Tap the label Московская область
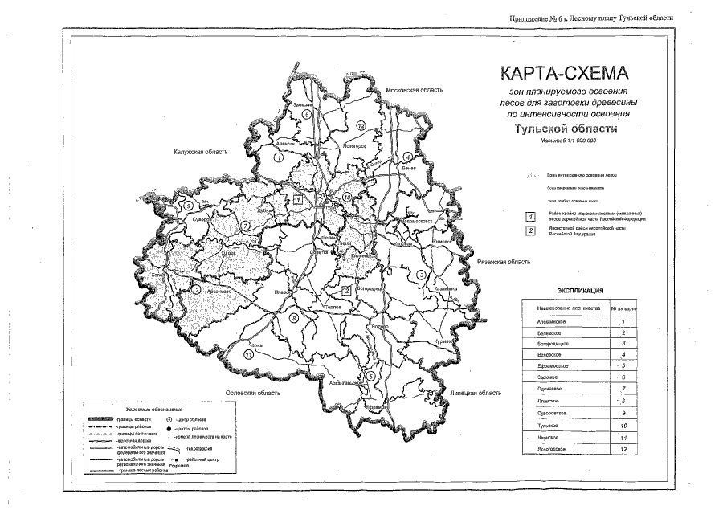tap(414, 90)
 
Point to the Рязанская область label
tap(503, 262)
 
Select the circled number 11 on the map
tap(249, 354)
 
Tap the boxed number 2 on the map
tap(345, 290)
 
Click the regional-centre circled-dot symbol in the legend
tap(169, 419)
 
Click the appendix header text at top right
tap(589, 18)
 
